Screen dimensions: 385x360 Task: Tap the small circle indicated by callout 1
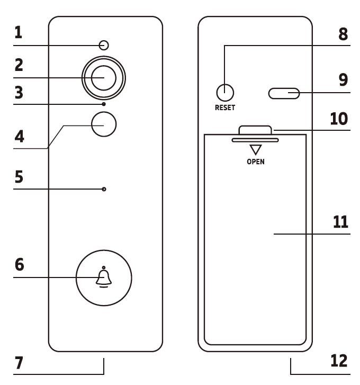click(x=104, y=45)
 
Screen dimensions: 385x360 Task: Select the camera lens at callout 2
click(x=103, y=78)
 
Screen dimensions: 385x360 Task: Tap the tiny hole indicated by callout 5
click(x=104, y=189)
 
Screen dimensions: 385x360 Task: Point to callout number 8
click(x=343, y=34)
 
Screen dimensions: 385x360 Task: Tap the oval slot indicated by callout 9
click(x=284, y=94)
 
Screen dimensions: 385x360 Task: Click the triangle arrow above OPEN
click(x=256, y=149)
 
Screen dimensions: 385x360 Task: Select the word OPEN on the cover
click(x=256, y=161)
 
